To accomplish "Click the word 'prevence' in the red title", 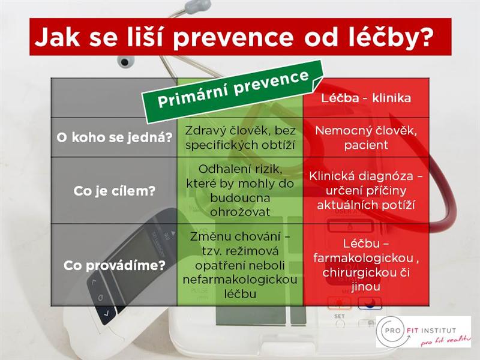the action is tap(233, 38).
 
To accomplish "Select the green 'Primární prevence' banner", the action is tap(233, 91).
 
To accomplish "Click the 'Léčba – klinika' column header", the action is tap(366, 98).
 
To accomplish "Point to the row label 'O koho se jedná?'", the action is tap(115, 137).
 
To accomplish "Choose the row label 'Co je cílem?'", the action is tap(115, 191).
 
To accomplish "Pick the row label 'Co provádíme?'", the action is tap(115, 265).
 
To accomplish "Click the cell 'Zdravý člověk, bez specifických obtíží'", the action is tap(240, 138).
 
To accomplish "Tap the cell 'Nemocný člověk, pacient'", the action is tap(366, 138).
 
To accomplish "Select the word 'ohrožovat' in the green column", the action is tap(240, 212).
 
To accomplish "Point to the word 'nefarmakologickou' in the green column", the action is tap(240, 280).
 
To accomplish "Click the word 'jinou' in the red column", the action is tap(366, 287).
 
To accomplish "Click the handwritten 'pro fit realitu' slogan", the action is tap(445, 340).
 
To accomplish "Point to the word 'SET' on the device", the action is tap(339, 316).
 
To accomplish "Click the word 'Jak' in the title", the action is tap(58, 37).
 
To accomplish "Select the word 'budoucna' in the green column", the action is tap(240, 198).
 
